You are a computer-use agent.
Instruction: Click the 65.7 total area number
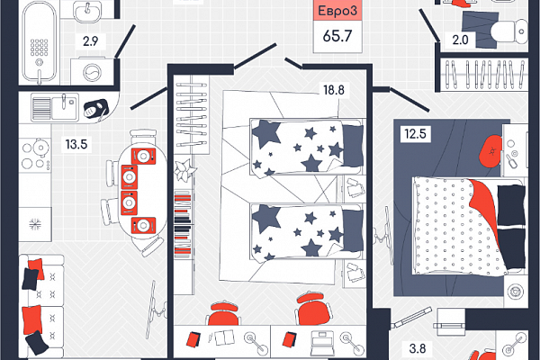pyautogui.click(x=337, y=36)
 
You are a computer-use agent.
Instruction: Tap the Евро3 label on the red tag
pyautogui.click(x=337, y=11)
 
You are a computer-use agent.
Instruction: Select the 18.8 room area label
pyautogui.click(x=334, y=90)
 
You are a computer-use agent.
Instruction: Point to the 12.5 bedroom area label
pyautogui.click(x=415, y=133)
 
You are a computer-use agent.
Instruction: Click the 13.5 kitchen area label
pyautogui.click(x=76, y=144)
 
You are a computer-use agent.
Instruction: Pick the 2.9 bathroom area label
pyautogui.click(x=91, y=41)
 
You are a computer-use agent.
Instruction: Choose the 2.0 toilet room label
pyautogui.click(x=460, y=40)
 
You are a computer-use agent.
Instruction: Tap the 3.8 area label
pyautogui.click(x=418, y=348)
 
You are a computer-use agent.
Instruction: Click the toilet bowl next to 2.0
pyautogui.click(x=508, y=31)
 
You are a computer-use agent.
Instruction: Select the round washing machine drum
pyautogui.click(x=93, y=73)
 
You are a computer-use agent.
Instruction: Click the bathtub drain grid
pyautogui.click(x=39, y=47)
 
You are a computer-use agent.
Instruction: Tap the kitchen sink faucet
pyautogui.click(x=64, y=102)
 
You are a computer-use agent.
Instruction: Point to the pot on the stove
pyautogui.click(x=40, y=148)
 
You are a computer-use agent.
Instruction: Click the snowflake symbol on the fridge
pyautogui.click(x=35, y=224)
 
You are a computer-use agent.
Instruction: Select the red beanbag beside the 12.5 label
pyautogui.click(x=490, y=151)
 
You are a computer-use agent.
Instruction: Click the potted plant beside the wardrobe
pyautogui.click(x=184, y=169)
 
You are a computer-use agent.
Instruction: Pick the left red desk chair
pyautogui.click(x=223, y=313)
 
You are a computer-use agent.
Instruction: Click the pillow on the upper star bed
pyautogui.click(x=353, y=145)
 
